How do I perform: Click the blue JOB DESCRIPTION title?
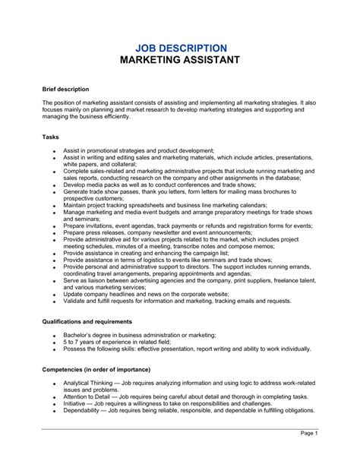point(180,48)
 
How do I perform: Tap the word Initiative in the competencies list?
point(76,403)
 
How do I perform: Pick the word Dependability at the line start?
point(84,410)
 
